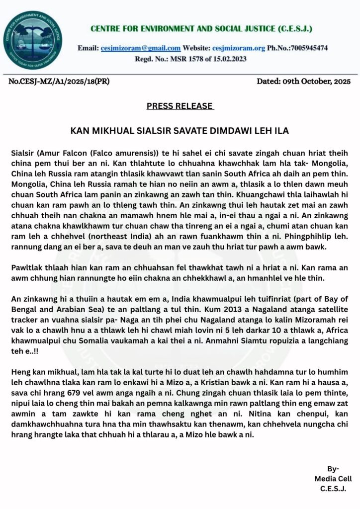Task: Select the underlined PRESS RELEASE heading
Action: [180, 106]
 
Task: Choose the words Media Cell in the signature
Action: [333, 479]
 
